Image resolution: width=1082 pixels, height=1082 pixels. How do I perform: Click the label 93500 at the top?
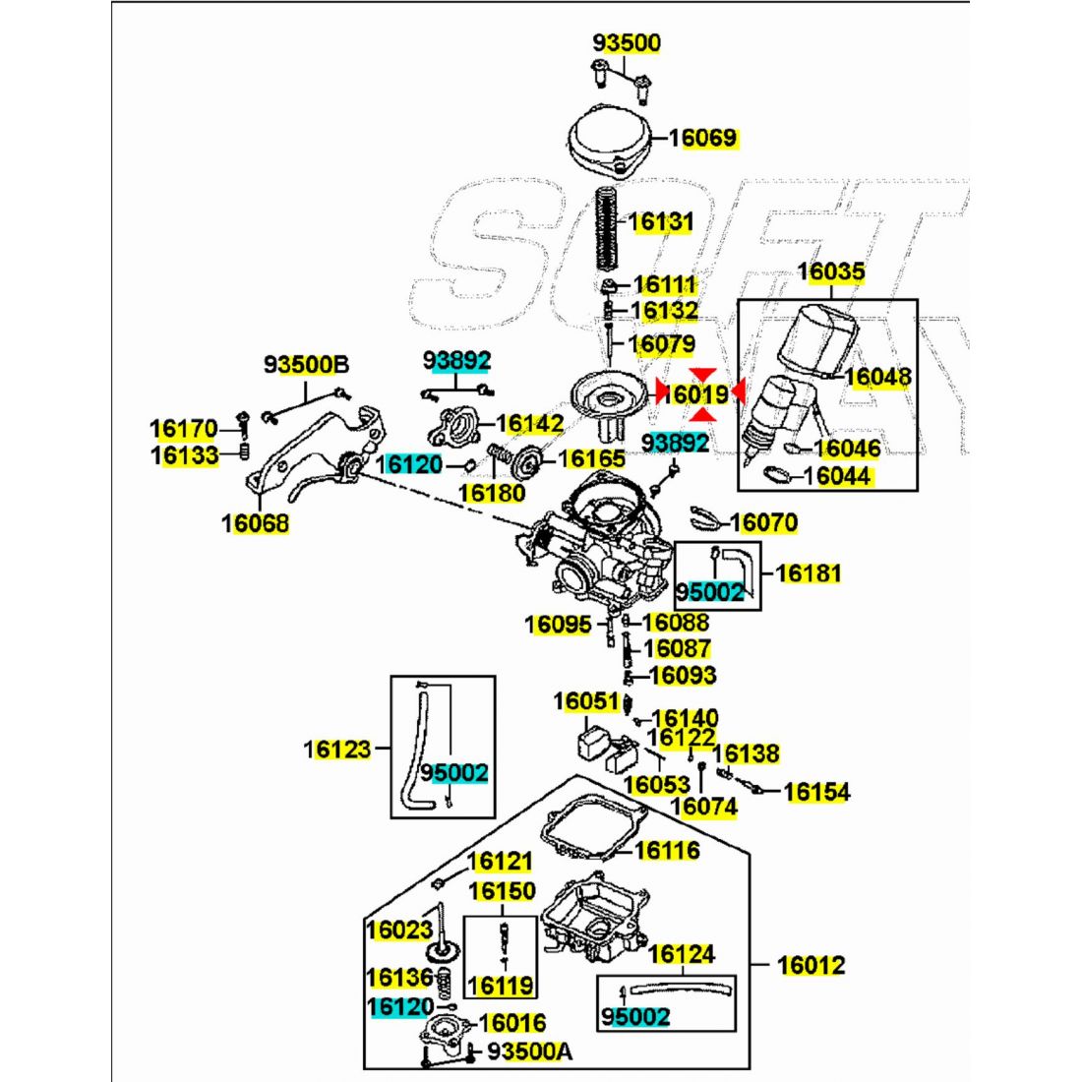point(627,43)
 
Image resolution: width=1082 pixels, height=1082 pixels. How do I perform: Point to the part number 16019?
point(694,394)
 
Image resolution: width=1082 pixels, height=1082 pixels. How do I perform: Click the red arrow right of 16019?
point(739,392)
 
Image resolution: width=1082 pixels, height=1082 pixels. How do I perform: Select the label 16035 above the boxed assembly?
point(830,271)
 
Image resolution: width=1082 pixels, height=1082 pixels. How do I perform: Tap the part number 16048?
point(877,377)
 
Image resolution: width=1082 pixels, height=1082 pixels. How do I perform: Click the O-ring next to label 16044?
point(777,476)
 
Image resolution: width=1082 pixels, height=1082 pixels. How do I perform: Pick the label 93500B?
point(306,366)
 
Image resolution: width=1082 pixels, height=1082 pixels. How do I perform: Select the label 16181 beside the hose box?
point(809,572)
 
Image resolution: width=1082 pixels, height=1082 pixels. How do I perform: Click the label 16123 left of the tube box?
point(336,750)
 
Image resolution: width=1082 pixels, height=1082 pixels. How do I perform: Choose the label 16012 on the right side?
point(811,965)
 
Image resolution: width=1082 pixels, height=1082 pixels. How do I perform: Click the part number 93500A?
point(529,1052)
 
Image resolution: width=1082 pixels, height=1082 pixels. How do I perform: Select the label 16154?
point(817,792)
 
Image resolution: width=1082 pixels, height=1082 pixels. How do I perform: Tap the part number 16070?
point(764,522)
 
